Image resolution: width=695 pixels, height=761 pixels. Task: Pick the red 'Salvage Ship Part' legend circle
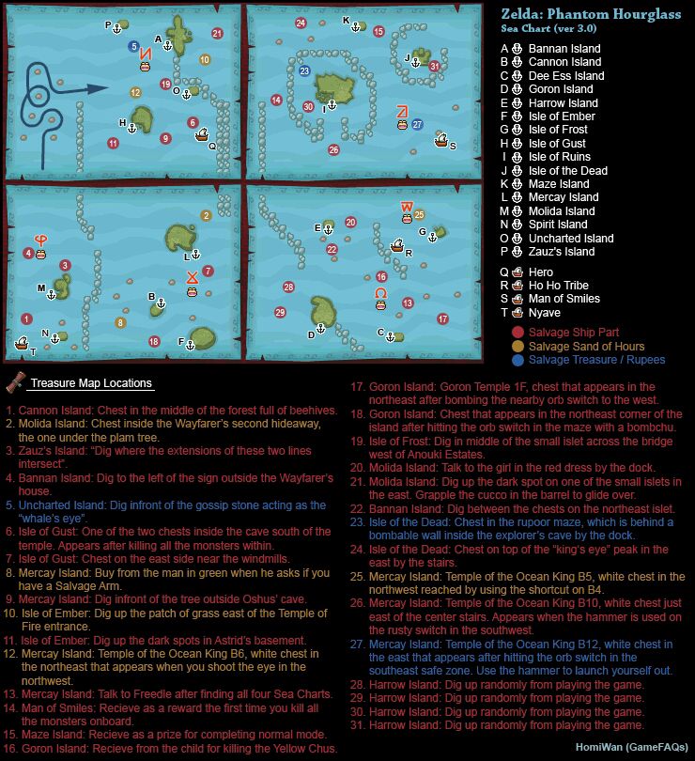517,333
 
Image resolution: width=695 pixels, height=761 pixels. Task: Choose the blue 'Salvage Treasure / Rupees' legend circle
517,360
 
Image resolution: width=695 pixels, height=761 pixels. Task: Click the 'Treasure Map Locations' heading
90,383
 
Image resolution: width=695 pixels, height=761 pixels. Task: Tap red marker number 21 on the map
217,34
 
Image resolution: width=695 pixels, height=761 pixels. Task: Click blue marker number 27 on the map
417,124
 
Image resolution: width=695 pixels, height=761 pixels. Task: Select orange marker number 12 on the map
135,92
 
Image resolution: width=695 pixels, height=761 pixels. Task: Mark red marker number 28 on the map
288,287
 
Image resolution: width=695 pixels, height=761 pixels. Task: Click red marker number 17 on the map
442,319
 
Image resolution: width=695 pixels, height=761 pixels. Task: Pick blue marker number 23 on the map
303,71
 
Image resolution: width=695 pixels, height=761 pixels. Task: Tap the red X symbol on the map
192,276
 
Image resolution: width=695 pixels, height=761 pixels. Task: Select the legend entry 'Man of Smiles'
564,299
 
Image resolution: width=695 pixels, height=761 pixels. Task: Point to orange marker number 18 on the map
153,340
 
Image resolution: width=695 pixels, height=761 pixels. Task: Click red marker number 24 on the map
301,23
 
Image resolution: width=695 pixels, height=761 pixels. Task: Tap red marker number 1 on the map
26,319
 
